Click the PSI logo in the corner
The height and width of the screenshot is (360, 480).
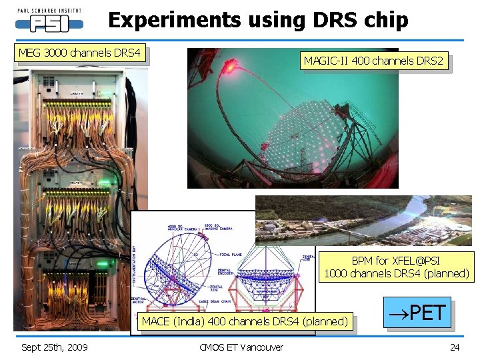point(49,21)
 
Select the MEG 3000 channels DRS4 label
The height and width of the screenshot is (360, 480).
point(79,53)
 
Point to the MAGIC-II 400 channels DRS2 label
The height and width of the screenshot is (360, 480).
point(373,61)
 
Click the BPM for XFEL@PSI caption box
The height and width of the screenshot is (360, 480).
point(396,267)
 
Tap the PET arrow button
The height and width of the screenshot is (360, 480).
point(417,313)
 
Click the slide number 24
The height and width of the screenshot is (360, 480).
point(455,347)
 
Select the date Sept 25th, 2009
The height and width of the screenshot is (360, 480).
point(54,347)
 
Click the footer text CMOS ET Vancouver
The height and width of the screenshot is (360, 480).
point(241,347)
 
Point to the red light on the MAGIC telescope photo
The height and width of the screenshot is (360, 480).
point(230,65)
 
